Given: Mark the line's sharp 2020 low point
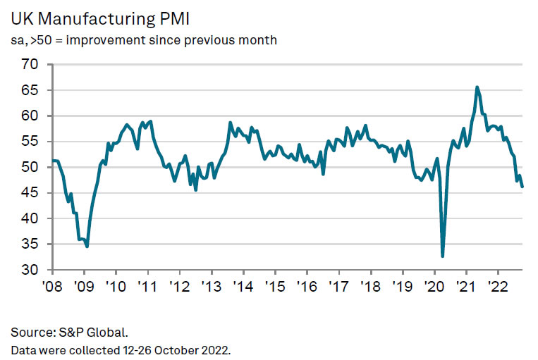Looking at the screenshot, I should click(x=442, y=256).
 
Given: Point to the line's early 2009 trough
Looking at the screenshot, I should click(x=87, y=246).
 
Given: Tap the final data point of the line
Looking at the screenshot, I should click(x=522, y=187).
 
